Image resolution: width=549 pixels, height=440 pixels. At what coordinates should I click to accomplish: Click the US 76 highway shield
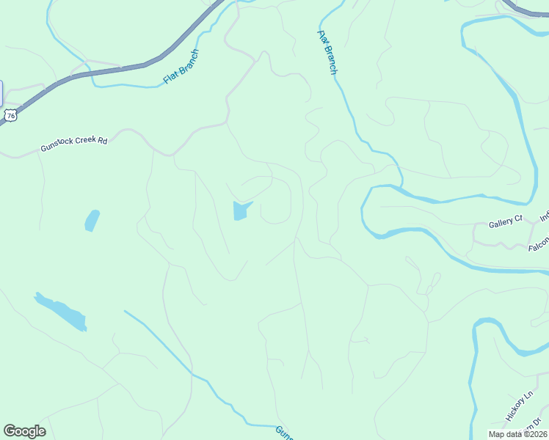[x=10, y=114]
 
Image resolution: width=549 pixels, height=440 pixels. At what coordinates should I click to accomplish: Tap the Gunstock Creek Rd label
[x=74, y=144]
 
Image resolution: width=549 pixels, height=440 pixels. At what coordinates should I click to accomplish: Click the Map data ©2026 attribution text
[x=518, y=433]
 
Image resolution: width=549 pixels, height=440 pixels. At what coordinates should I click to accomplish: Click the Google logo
[x=24, y=431]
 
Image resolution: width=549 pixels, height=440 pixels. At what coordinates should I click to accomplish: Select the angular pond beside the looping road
[x=241, y=211]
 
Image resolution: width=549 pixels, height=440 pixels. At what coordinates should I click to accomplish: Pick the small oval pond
[x=92, y=220]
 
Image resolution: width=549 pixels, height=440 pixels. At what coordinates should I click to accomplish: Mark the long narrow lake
[x=62, y=312]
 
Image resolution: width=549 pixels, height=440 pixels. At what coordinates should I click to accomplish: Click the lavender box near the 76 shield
[x=1, y=93]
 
